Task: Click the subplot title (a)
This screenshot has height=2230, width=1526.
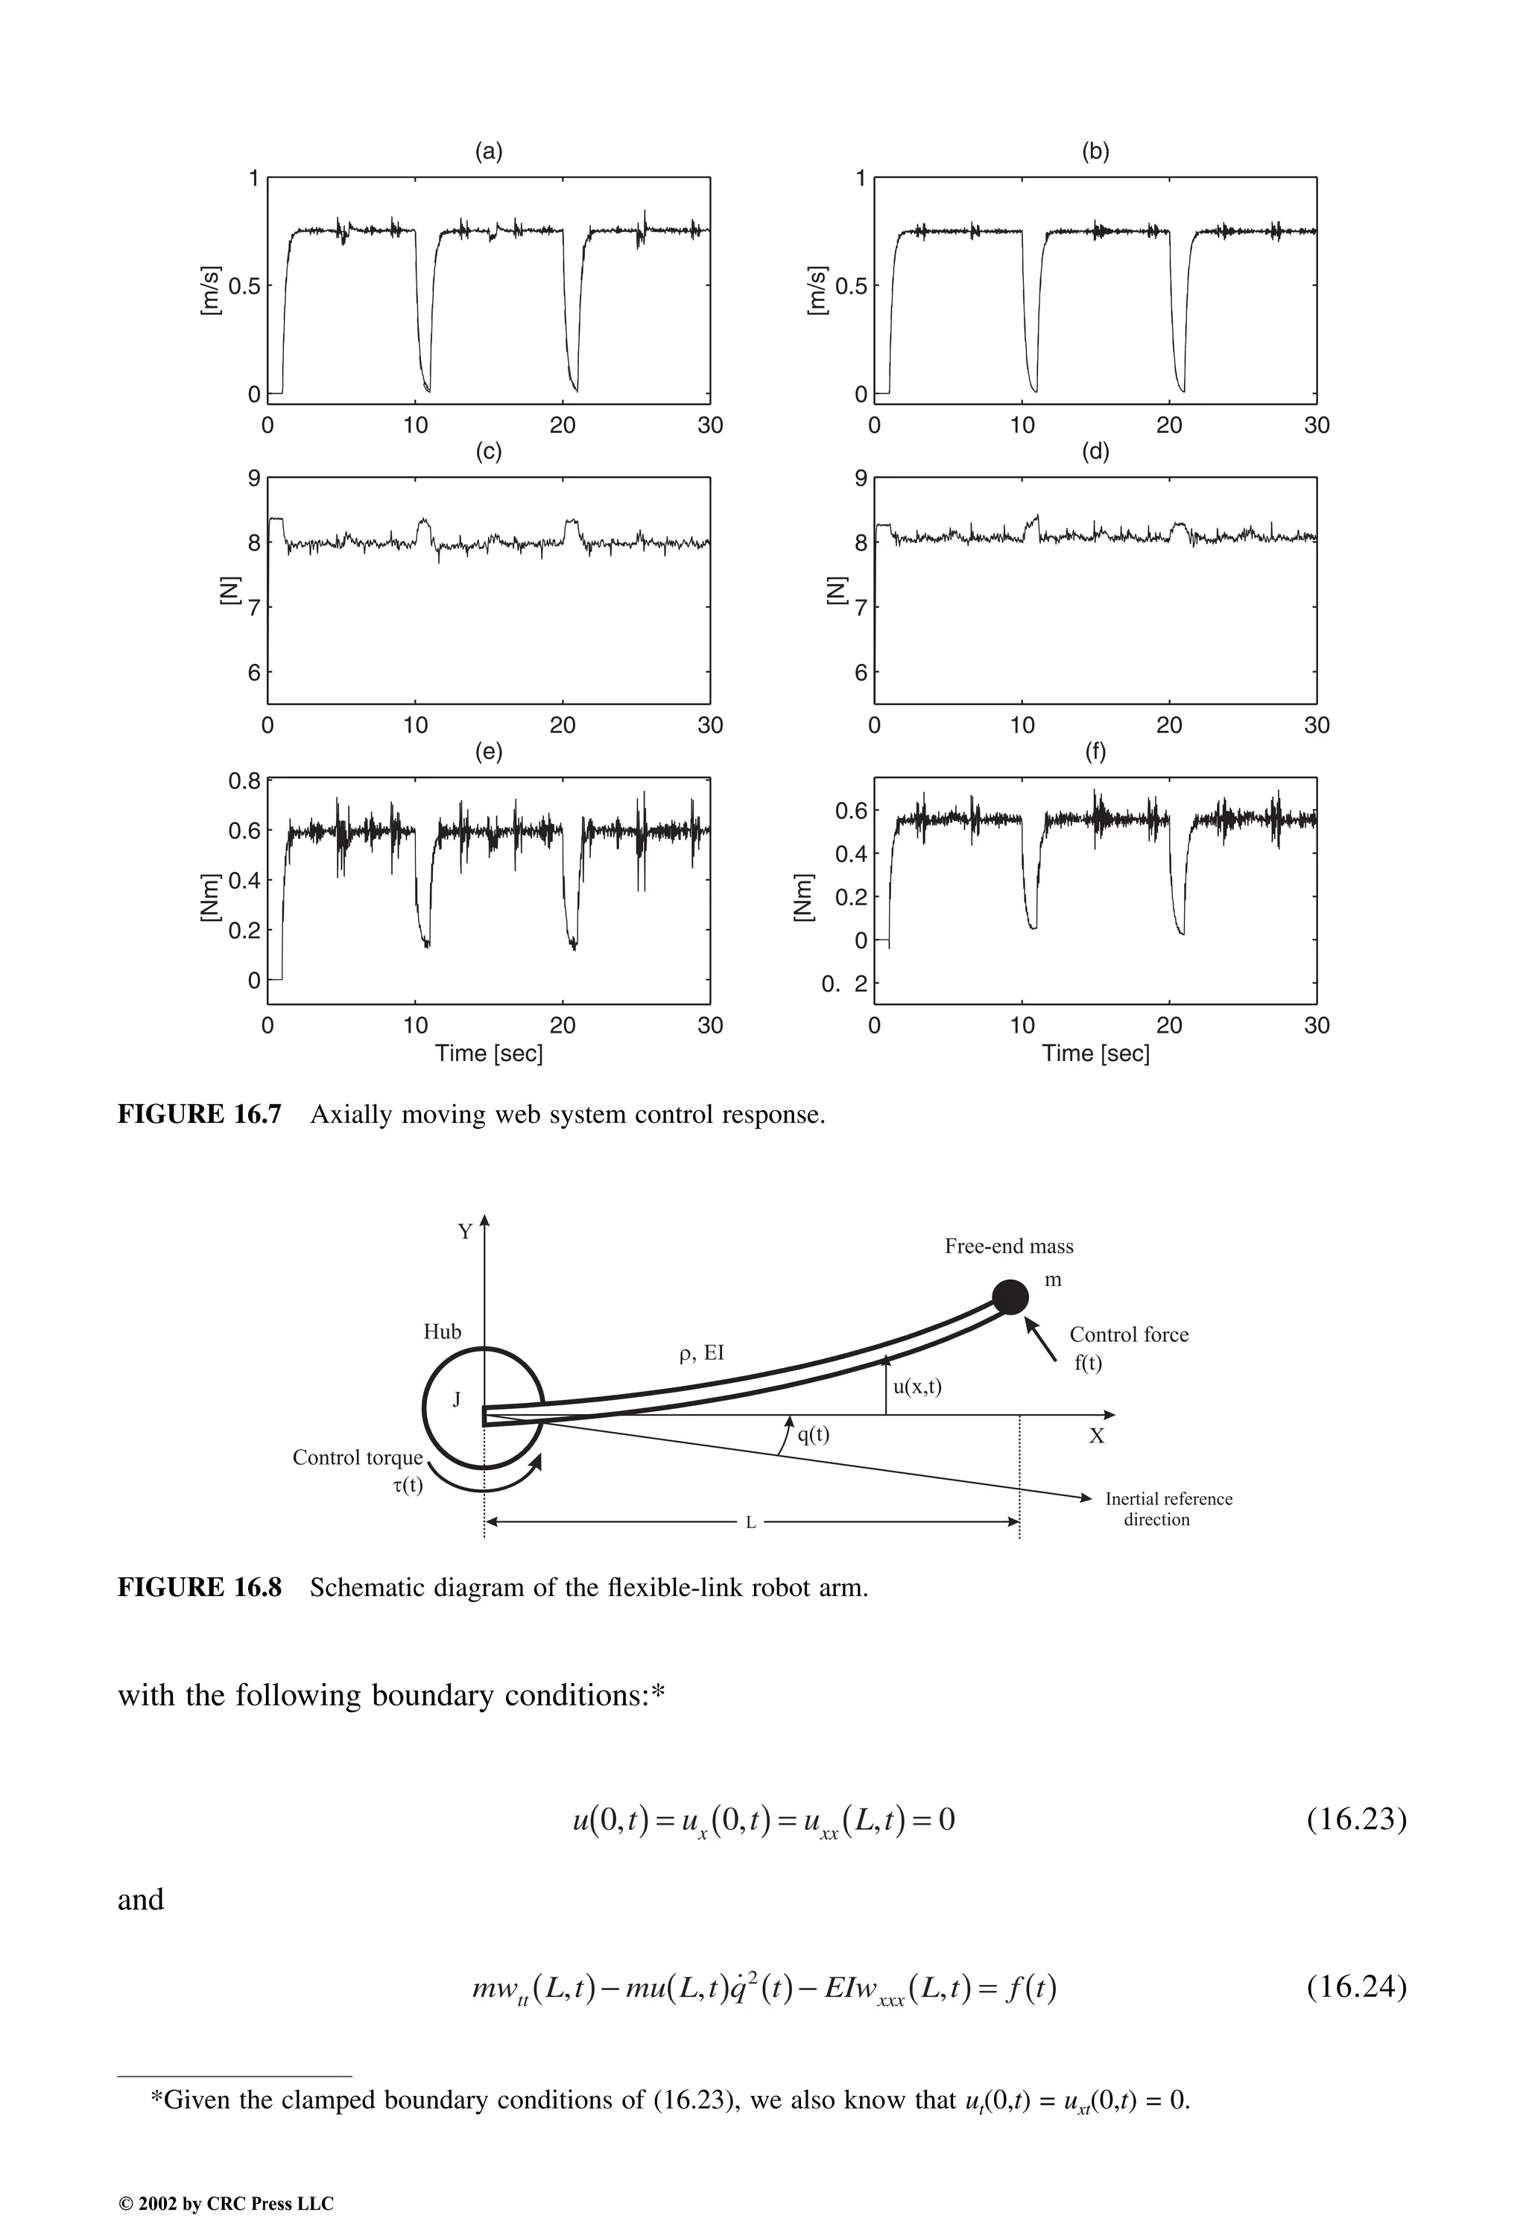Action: click(489, 151)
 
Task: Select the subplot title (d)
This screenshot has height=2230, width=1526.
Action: click(1095, 452)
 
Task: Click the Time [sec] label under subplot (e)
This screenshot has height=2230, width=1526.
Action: click(489, 1054)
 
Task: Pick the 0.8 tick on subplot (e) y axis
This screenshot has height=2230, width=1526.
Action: click(244, 781)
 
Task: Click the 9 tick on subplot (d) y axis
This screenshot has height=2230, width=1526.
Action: click(861, 478)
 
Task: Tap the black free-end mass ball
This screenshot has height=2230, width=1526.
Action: click(1010, 1297)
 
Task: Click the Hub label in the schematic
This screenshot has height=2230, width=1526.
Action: click(443, 1332)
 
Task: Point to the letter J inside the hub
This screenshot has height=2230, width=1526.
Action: click(457, 1400)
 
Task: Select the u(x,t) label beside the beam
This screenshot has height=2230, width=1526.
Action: click(916, 1387)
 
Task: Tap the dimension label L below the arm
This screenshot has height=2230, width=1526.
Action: click(750, 1523)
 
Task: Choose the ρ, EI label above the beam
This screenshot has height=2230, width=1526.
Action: click(700, 1353)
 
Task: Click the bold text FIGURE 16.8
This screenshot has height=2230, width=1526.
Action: click(200, 1587)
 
